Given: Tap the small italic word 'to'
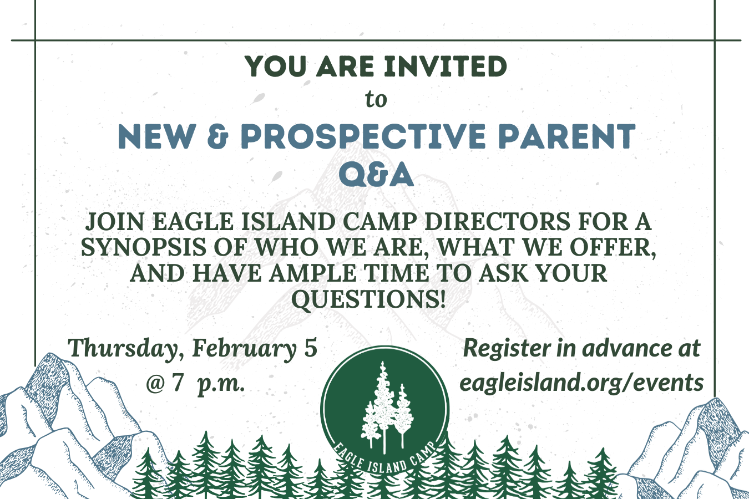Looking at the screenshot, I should [376, 100].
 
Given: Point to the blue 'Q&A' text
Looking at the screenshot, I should [376, 175].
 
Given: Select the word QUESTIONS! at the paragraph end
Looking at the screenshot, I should [368, 299].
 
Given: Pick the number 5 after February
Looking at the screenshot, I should [310, 348].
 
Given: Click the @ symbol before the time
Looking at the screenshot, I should [155, 383].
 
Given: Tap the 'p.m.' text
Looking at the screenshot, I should [221, 384].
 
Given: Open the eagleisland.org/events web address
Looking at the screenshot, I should [581, 383].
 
